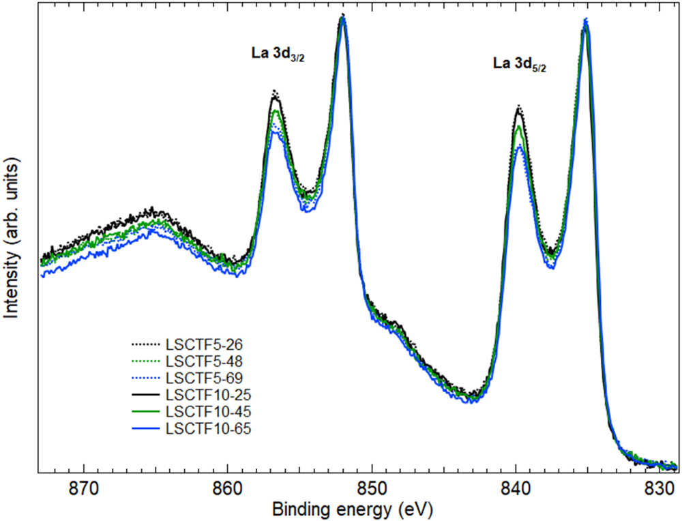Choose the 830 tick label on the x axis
click(659, 488)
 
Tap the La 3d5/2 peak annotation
click(520, 64)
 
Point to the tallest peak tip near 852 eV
click(343, 16)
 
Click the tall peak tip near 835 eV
click(585, 20)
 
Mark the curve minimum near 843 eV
click(471, 400)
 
